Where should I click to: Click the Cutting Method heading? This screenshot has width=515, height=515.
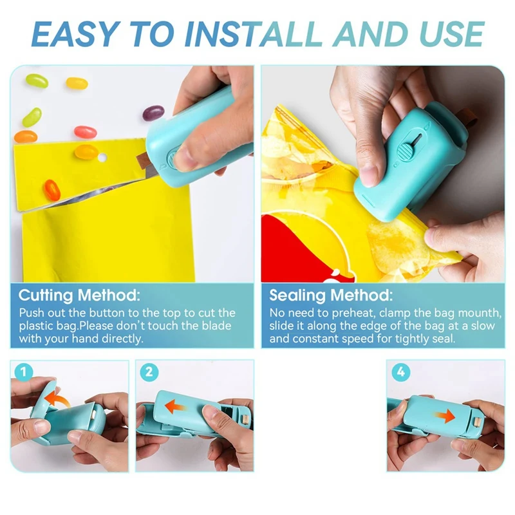[79, 296]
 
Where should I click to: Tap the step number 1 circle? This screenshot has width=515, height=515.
[24, 371]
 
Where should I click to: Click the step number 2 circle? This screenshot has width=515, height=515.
[149, 371]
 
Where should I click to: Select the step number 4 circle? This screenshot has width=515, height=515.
[400, 371]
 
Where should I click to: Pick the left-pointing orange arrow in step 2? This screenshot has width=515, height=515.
[176, 407]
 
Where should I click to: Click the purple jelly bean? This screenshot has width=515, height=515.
[153, 113]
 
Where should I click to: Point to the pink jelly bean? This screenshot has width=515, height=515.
[85, 132]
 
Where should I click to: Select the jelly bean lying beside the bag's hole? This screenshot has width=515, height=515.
[86, 152]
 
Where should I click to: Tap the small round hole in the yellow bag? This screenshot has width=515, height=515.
[102, 158]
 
